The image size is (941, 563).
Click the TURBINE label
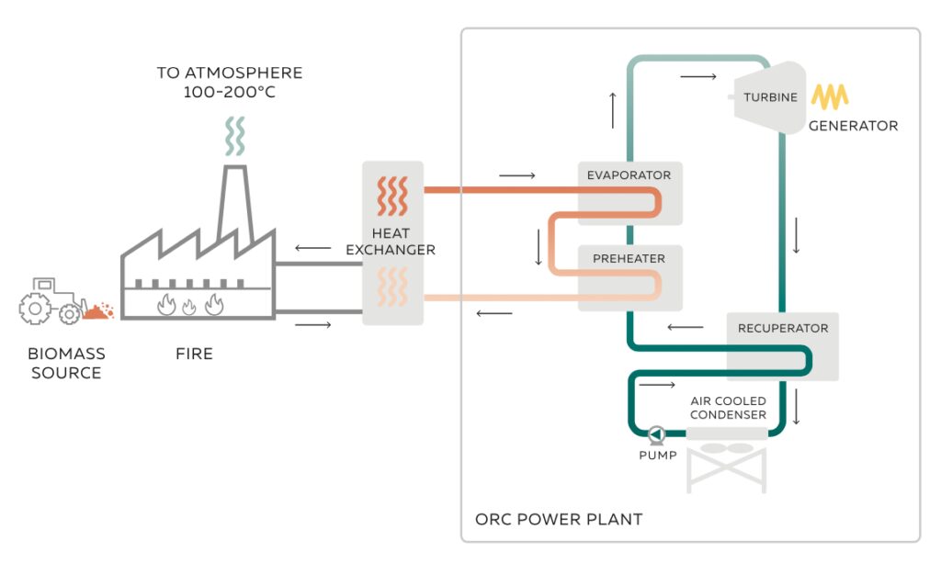click(x=770, y=97)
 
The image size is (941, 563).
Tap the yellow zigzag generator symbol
click(x=830, y=96)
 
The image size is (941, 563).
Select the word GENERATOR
click(x=853, y=126)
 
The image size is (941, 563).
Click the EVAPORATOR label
click(x=629, y=175)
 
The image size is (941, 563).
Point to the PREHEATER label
click(x=629, y=259)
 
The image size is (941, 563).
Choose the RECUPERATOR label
click(x=782, y=328)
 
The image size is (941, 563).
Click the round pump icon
click(x=656, y=434)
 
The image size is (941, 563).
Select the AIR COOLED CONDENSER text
click(x=728, y=408)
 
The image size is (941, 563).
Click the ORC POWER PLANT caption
click(x=558, y=519)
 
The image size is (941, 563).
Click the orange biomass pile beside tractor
click(x=98, y=310)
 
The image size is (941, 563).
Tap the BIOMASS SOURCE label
click(x=66, y=363)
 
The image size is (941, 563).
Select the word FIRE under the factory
click(x=194, y=354)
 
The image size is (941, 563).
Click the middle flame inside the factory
click(x=190, y=305)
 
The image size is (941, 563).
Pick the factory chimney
click(x=235, y=202)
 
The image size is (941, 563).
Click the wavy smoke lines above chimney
click(x=236, y=137)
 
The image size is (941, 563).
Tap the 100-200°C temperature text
click(x=229, y=93)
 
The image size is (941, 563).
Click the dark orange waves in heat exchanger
click(x=392, y=196)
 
